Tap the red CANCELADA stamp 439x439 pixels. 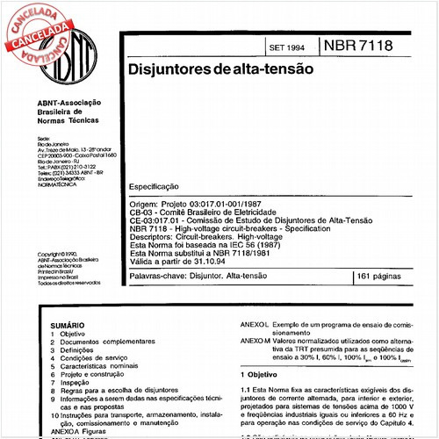[35, 26]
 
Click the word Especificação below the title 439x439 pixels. [154, 187]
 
